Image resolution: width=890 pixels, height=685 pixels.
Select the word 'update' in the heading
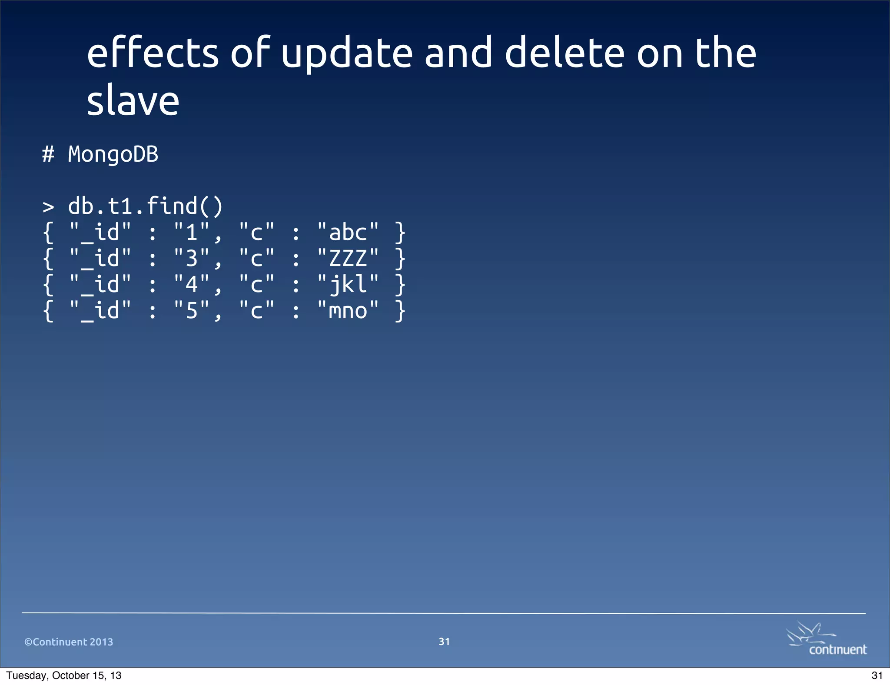pyautogui.click(x=346, y=53)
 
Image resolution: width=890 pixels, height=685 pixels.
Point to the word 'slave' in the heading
pyautogui.click(x=133, y=100)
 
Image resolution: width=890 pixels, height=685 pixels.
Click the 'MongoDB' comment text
pyautogui.click(x=113, y=154)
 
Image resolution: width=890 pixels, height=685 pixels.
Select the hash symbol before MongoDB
pyautogui.click(x=48, y=154)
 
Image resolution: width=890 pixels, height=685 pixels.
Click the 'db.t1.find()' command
pyautogui.click(x=146, y=206)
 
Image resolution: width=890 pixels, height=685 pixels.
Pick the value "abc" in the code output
pyautogui.click(x=348, y=232)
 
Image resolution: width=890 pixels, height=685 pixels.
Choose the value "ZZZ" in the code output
pyautogui.click(x=348, y=258)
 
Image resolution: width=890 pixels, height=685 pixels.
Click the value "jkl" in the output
pyautogui.click(x=348, y=284)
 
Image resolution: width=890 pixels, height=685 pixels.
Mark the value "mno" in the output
pyautogui.click(x=348, y=310)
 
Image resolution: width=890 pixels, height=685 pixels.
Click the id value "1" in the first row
pyautogui.click(x=192, y=232)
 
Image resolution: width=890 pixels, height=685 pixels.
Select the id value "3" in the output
pyautogui.click(x=192, y=258)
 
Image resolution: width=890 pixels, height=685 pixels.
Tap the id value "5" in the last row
pyautogui.click(x=192, y=310)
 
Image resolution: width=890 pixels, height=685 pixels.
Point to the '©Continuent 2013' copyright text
pyautogui.click(x=69, y=642)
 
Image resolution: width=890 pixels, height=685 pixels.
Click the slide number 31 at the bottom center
pyautogui.click(x=444, y=642)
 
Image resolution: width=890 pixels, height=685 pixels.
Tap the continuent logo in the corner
pyautogui.click(x=827, y=639)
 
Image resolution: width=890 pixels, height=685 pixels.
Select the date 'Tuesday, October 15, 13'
pyautogui.click(x=64, y=675)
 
